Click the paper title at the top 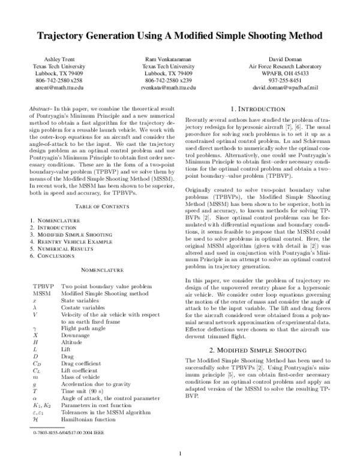(x=180, y=37)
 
